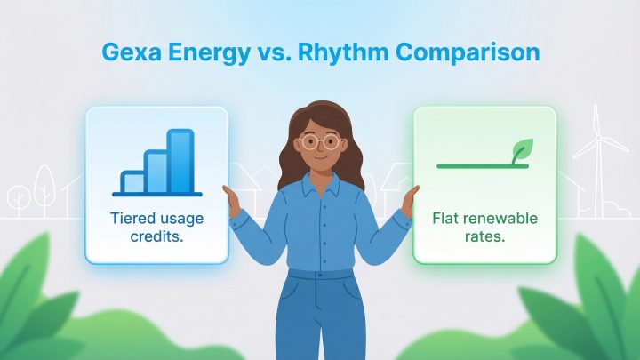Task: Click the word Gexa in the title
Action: tap(128, 52)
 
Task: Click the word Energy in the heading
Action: tap(209, 52)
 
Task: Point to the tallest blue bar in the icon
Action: tap(180, 161)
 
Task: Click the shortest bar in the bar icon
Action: tap(133, 182)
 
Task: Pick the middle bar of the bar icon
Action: tap(156, 172)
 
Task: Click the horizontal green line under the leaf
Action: tap(480, 166)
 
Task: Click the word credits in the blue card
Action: tap(156, 236)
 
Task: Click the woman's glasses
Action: tap(321, 140)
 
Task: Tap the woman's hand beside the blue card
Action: tap(235, 203)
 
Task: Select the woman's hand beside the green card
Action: tap(408, 203)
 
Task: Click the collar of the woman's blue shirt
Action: tap(321, 187)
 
